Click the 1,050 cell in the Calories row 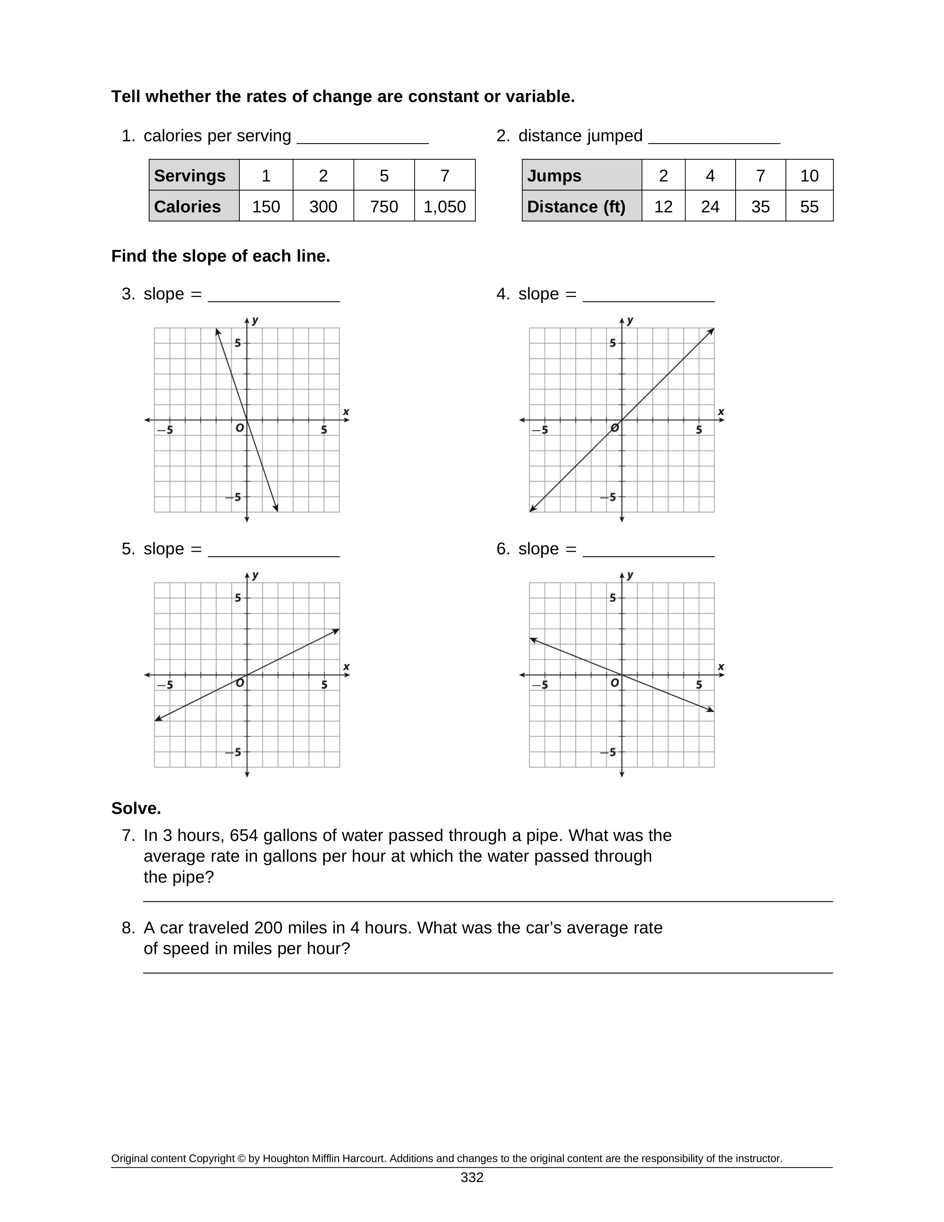445,207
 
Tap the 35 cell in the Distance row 760,207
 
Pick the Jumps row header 582,176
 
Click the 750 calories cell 384,207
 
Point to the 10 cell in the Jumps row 809,176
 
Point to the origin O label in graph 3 240,428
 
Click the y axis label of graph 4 630,321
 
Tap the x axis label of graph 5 346,667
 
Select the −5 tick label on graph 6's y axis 609,752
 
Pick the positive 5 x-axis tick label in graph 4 699,430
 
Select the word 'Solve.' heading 136,808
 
